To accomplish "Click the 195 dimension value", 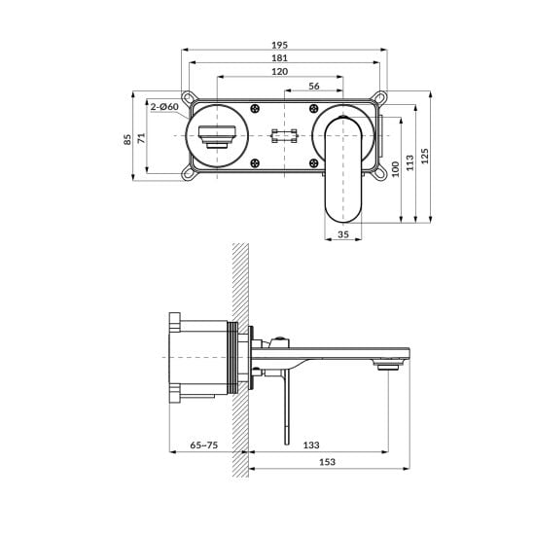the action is [x=279, y=45].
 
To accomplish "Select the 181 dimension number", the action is [x=279, y=58].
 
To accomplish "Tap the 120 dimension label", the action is [x=279, y=72].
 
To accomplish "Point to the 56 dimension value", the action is [x=314, y=87].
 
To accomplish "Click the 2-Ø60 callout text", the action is [x=164, y=107].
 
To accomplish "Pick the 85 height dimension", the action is [x=127, y=140].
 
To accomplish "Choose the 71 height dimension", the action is [x=141, y=138].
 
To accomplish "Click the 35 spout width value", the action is [x=343, y=234].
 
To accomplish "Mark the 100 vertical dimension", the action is [x=395, y=169].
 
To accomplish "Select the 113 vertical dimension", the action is [x=409, y=162].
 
